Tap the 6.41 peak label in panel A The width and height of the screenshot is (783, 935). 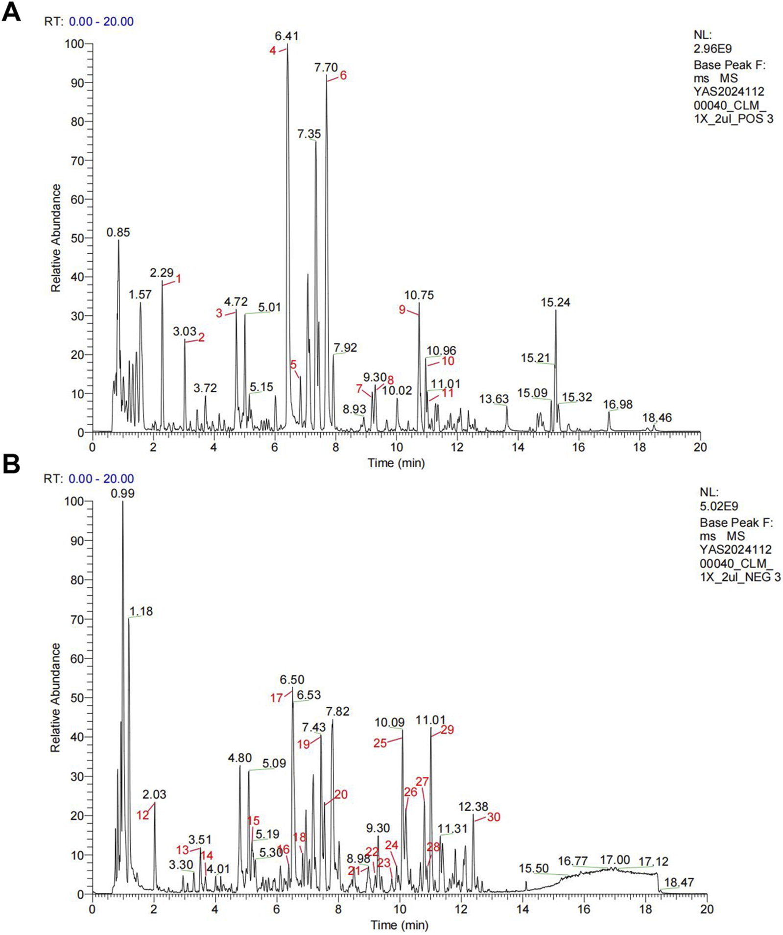pyautogui.click(x=286, y=36)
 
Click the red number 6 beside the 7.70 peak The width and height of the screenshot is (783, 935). pyautogui.click(x=343, y=75)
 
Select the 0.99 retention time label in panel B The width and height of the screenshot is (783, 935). pyautogui.click(x=122, y=494)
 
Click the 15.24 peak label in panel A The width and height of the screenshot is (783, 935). pyautogui.click(x=555, y=303)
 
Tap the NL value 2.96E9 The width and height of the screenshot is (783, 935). pyautogui.click(x=712, y=48)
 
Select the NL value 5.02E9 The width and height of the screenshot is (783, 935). pyautogui.click(x=719, y=506)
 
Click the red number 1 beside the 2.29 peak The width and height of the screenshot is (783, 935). pyautogui.click(x=179, y=279)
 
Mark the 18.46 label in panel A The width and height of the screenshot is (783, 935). pyautogui.click(x=657, y=418)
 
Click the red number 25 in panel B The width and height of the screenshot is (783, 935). pyautogui.click(x=380, y=743)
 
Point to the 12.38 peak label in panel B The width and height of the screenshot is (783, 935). pyautogui.click(x=473, y=806)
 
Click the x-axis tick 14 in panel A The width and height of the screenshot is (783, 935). pyautogui.click(x=518, y=447)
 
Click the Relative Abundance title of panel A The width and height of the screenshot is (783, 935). pyautogui.click(x=56, y=238)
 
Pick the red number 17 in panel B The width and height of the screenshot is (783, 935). pyautogui.click(x=277, y=698)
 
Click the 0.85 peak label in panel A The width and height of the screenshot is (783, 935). pyautogui.click(x=118, y=232)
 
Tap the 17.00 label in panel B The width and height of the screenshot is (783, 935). pyautogui.click(x=615, y=860)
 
